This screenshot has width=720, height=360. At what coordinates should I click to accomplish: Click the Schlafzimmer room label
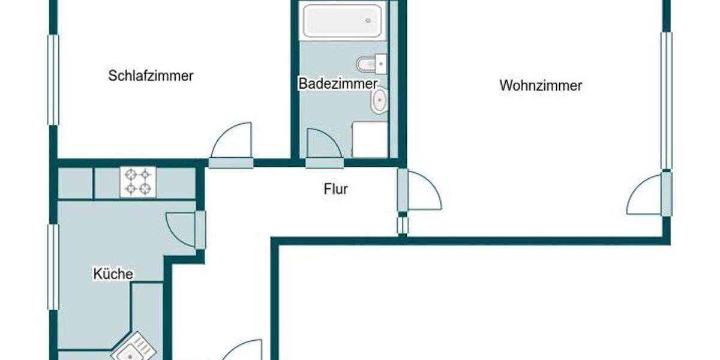151,76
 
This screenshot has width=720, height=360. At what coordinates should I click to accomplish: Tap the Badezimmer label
338,83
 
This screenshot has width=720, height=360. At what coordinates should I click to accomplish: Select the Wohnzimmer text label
541,86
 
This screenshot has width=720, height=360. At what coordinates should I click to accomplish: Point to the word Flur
336,190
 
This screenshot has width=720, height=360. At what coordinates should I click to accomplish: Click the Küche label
113,274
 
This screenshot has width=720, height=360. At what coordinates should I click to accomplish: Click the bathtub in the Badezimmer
343,21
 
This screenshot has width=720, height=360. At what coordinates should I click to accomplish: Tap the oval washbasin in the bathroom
379,101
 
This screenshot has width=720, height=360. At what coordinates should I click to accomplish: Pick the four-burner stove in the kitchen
138,182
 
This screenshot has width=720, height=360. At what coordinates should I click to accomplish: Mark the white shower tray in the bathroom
370,140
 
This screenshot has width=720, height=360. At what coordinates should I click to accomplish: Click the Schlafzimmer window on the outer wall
53,79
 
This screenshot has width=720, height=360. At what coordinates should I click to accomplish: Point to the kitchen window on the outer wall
53,267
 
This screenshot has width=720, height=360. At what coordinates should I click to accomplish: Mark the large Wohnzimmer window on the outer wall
666,101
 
